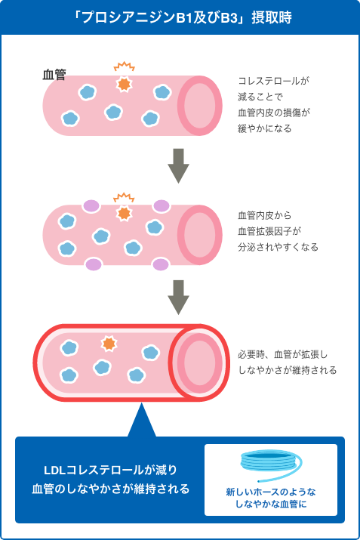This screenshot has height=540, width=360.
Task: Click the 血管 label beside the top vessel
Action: coord(54,74)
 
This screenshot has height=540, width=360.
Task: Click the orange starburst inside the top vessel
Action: coord(124,84)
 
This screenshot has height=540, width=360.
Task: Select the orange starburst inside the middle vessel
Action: coord(124,213)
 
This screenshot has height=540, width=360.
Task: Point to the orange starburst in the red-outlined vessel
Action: coord(109,344)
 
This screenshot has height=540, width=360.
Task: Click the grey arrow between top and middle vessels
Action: coord(178,165)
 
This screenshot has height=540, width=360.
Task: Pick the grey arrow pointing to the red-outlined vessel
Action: coord(178,298)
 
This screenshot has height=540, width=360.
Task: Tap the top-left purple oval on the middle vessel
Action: coord(91,206)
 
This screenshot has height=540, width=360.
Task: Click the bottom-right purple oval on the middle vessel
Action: coord(161,264)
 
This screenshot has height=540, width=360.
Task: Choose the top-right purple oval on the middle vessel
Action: coord(161,206)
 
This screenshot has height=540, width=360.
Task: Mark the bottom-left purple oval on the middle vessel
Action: coord(94,264)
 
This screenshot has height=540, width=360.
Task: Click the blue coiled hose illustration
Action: coord(270,465)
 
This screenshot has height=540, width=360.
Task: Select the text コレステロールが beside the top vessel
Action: coord(274,81)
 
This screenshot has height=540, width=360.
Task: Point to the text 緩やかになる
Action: coord(265,128)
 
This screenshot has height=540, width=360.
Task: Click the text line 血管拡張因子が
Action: coord(269,231)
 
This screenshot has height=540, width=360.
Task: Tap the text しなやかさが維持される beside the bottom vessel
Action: coord(288,370)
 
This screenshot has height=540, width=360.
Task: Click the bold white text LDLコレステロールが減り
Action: coord(110,470)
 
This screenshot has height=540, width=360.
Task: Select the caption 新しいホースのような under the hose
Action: coord(271,492)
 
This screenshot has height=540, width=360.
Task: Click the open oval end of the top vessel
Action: coord(199,106)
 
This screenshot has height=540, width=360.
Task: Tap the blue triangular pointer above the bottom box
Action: coord(141,420)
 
